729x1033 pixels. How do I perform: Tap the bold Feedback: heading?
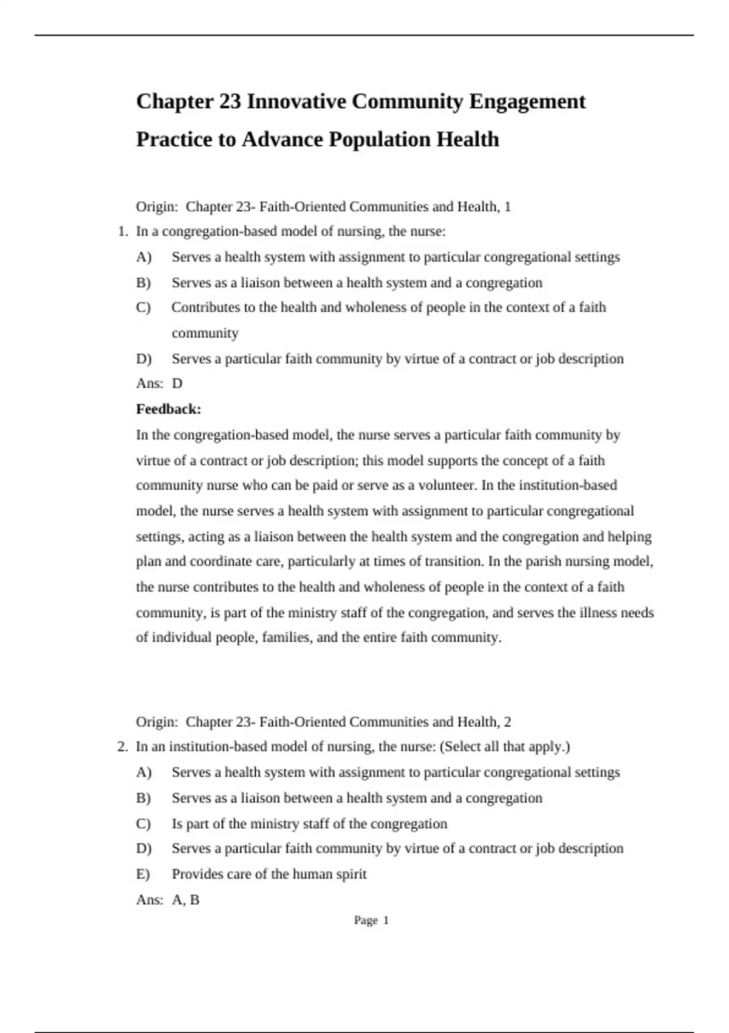point(168,409)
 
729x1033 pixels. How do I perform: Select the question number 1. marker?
point(123,232)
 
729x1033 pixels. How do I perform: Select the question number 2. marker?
point(123,747)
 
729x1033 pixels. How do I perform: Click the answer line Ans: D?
point(159,383)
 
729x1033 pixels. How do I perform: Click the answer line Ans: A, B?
point(168,900)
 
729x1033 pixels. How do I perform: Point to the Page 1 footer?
point(371,921)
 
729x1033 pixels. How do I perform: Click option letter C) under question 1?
point(143,307)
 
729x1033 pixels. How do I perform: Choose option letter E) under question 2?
point(143,874)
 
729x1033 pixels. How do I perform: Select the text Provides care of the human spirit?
point(269,874)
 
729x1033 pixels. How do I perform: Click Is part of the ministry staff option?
point(309,824)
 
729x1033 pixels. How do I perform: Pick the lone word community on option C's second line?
point(205,334)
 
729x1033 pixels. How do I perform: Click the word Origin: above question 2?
point(157,722)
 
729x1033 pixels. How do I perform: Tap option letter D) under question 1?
point(143,359)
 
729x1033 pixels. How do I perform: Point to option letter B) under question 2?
point(143,798)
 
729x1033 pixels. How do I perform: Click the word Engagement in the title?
point(527,101)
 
